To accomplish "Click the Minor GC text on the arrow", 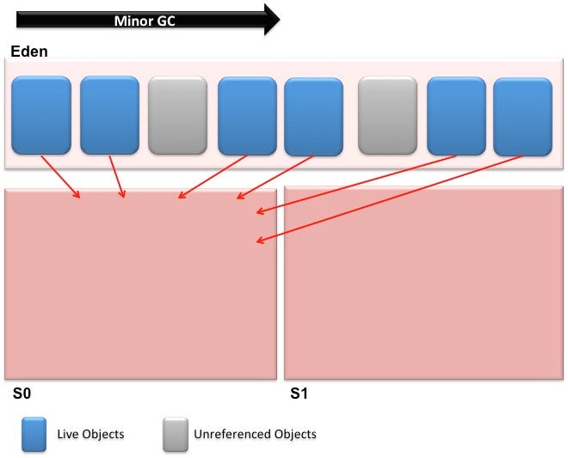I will click(x=145, y=21).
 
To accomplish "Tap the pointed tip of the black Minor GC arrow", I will click(x=278, y=20).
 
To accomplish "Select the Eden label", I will click(x=29, y=52).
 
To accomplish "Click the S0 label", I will click(x=22, y=395).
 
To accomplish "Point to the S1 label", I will click(x=299, y=395).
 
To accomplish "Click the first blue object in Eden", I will click(x=40, y=115).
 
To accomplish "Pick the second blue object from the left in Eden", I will click(x=109, y=115).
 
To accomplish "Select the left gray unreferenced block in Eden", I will click(x=177, y=115).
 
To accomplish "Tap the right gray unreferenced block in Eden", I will click(x=387, y=115).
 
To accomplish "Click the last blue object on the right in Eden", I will click(x=522, y=115).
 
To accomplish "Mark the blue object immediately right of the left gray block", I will click(x=247, y=115).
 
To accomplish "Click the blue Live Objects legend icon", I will click(x=34, y=433).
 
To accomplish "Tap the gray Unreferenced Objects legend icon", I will click(x=176, y=433).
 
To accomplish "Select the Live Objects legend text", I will click(x=90, y=434).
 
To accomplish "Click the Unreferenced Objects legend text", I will click(x=255, y=434).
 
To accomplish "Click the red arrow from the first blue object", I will click(x=60, y=177).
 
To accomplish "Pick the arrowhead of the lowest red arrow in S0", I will click(x=259, y=242).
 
